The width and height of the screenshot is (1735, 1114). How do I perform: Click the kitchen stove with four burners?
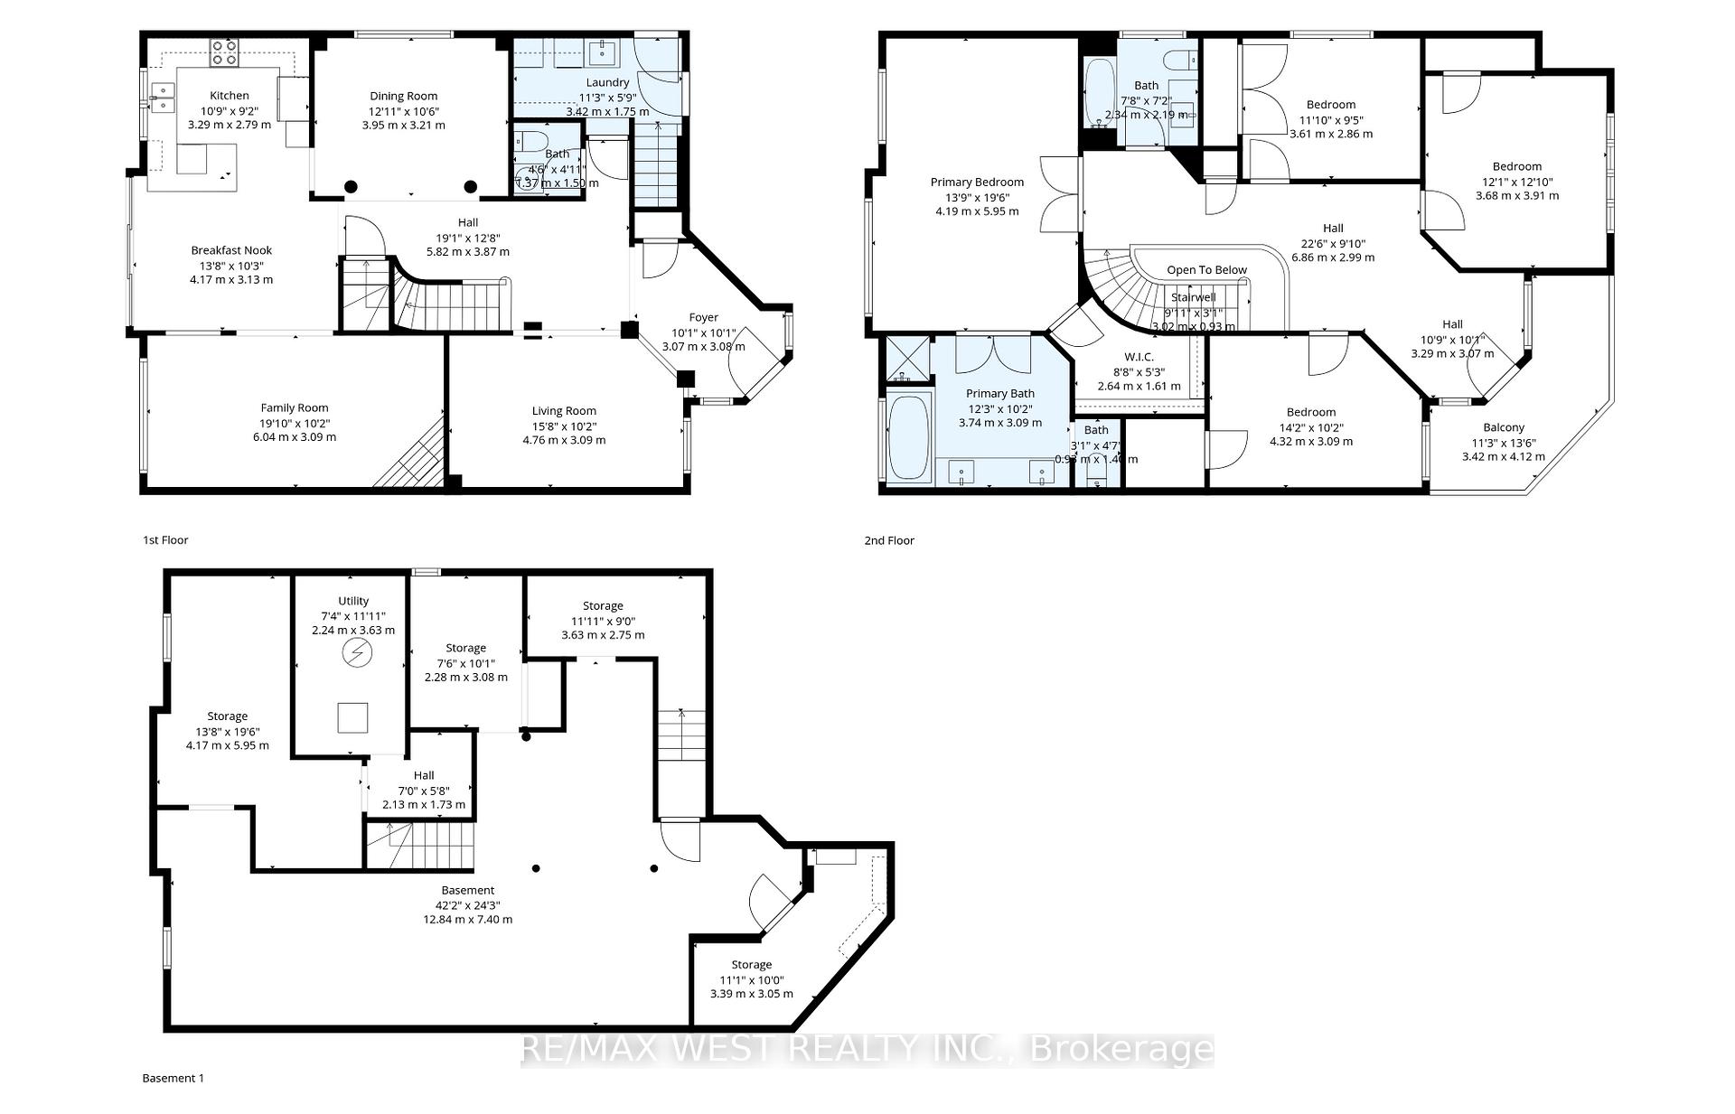coord(224,53)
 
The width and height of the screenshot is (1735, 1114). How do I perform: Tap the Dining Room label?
coord(403,96)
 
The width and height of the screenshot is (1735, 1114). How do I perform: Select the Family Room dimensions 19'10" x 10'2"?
coord(295,423)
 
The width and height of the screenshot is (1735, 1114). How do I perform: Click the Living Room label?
coord(564,411)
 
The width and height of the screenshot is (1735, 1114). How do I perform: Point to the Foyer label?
coord(703,317)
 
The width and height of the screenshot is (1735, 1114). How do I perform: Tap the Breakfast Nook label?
coord(231,250)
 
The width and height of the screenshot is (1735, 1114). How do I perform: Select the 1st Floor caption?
coord(165,540)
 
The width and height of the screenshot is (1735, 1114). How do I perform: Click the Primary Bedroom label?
coord(977,183)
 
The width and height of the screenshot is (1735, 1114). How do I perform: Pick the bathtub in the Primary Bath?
coord(909,436)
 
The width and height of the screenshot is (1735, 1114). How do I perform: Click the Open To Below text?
coord(1206,270)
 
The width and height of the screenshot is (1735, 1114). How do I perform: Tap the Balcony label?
coord(1504,427)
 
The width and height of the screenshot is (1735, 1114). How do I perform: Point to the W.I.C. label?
coord(1139,357)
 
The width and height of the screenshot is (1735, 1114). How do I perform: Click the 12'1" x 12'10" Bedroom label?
coord(1517,166)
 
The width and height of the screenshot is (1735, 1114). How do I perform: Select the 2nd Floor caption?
coord(889,540)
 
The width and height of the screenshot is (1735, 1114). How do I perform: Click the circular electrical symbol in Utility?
coord(356,652)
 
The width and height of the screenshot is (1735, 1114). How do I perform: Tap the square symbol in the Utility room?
coord(352,717)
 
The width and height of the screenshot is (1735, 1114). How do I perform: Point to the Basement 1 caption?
coord(173,1078)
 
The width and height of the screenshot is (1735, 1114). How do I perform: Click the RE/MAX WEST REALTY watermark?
coord(867,1049)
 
